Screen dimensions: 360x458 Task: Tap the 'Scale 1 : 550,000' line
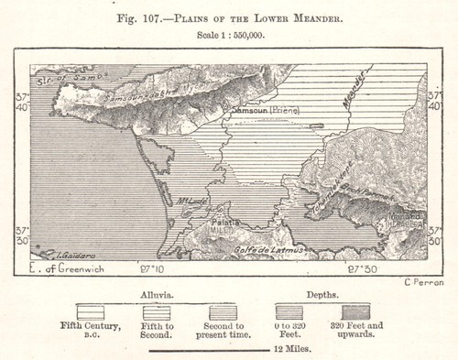pos(228,33)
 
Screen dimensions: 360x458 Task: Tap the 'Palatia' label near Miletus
pos(226,222)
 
